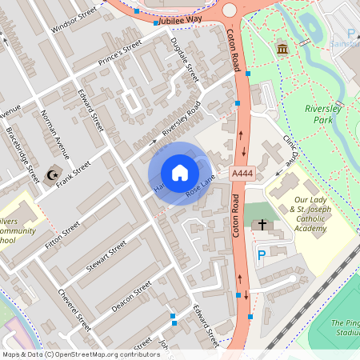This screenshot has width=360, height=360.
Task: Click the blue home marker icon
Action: (180, 173)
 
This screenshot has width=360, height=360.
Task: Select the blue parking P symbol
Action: (262, 255)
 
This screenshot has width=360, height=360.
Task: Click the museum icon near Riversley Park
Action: (282, 50)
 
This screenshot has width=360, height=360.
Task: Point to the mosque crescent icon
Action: (54, 174)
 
